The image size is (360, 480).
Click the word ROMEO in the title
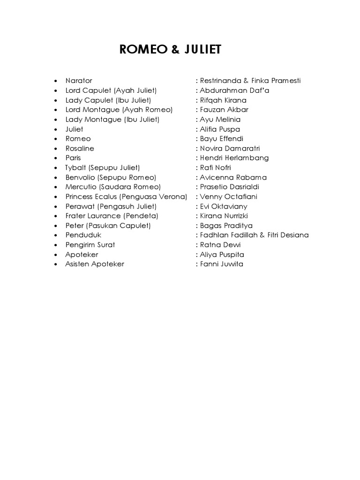139,50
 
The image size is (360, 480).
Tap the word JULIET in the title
201,50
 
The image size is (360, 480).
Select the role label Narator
79,81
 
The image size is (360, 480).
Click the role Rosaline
80,149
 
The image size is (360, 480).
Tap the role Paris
73,158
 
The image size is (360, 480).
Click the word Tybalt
76,168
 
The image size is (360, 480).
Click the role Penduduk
83,235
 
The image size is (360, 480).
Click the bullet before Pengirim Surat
56,245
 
